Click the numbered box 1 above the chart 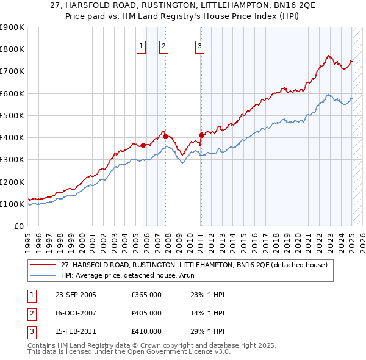pos(142,45)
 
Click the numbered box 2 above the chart pos(164,45)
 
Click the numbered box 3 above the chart pos(200,45)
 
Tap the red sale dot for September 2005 pos(143,145)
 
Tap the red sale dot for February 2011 pos(201,135)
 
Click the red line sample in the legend pos(44,265)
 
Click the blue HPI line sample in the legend pos(44,275)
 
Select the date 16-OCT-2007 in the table pos(76,313)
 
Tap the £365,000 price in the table pos(146,295)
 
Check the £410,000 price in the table pos(146,331)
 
